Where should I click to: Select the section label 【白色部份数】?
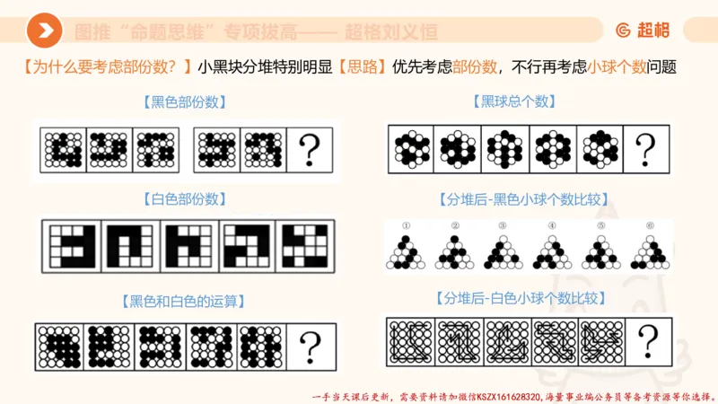[x=184, y=198]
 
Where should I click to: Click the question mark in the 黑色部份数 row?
[x=309, y=147]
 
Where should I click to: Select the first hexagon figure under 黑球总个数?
[x=411, y=147]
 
